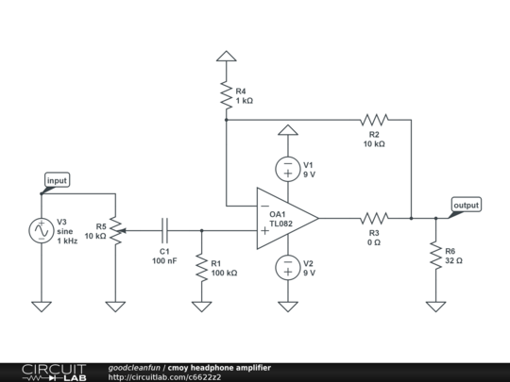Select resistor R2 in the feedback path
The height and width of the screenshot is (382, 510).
click(375, 120)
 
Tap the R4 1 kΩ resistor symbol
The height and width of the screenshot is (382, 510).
click(226, 95)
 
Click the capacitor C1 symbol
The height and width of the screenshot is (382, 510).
click(164, 229)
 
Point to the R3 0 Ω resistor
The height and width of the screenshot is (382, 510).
click(375, 218)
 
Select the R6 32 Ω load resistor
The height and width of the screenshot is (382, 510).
click(435, 255)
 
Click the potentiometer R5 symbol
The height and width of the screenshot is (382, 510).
click(115, 229)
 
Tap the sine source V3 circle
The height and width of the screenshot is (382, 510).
click(42, 229)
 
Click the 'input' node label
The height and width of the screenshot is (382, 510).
click(57, 180)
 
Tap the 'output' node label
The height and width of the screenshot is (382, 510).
click(466, 205)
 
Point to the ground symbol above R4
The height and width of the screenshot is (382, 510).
click(226, 56)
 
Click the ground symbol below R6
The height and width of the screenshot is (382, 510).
click(435, 306)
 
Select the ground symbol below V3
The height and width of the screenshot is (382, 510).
click(42, 306)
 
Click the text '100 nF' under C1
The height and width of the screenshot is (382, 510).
click(164, 260)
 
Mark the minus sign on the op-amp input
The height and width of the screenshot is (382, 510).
click(264, 206)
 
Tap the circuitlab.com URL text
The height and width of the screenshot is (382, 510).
click(165, 376)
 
